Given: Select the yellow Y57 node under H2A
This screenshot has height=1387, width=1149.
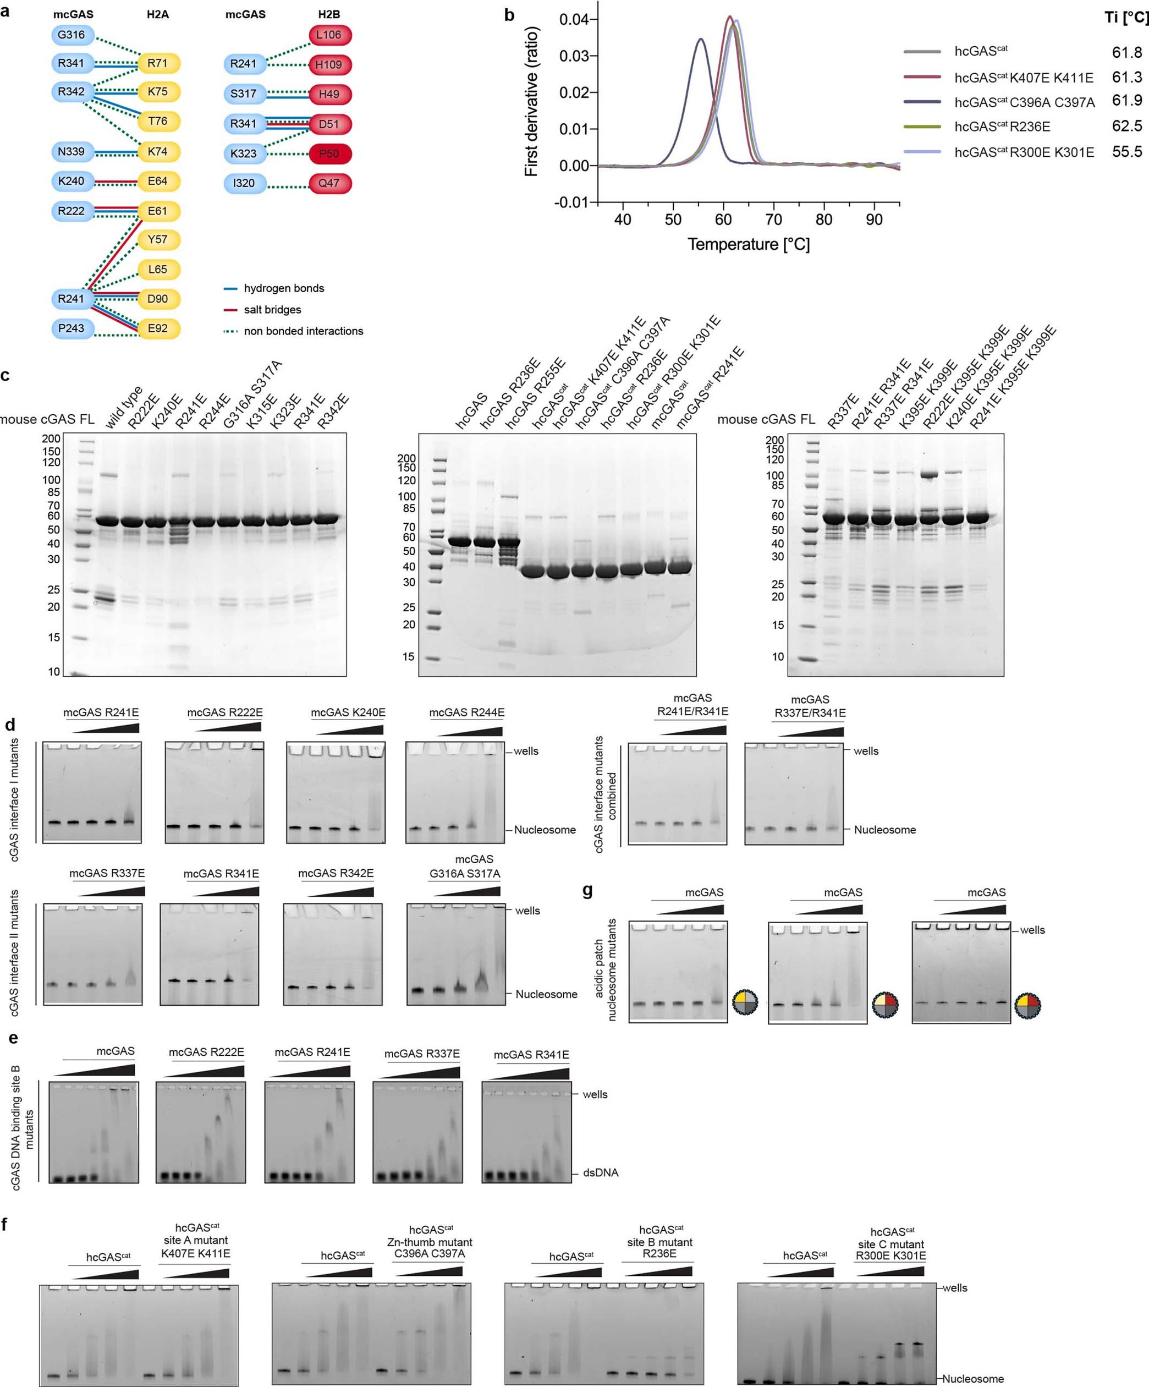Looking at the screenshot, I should pyautogui.click(x=158, y=239).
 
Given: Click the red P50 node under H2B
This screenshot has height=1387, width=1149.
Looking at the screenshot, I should pyautogui.click(x=329, y=154).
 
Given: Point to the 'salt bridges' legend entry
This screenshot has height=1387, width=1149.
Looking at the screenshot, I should pyautogui.click(x=272, y=310).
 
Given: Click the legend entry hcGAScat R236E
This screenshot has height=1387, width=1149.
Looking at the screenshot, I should pyautogui.click(x=1002, y=127).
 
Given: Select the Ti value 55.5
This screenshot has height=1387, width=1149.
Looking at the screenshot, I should pyautogui.click(x=1126, y=152).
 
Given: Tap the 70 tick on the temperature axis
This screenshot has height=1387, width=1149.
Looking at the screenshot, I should pyautogui.click(x=773, y=220).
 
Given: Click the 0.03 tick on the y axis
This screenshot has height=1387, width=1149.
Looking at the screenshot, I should pyautogui.click(x=574, y=56).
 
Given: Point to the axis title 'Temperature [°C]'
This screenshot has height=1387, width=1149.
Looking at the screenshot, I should pyautogui.click(x=748, y=244).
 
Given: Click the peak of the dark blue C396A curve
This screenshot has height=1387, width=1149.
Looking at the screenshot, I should pyautogui.click(x=701, y=39).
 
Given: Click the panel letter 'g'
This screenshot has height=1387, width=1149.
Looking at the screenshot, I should pyautogui.click(x=587, y=890).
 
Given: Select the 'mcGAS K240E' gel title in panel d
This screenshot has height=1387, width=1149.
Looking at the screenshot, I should pyautogui.click(x=348, y=712).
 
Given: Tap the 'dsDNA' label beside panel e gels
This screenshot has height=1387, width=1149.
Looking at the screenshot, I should pyautogui.click(x=600, y=1173).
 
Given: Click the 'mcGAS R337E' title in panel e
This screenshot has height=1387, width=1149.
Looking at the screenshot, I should pyautogui.click(x=422, y=1054).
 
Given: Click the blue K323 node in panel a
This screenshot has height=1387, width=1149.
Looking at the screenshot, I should pyautogui.click(x=244, y=154).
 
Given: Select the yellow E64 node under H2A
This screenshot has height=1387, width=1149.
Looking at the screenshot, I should pyautogui.click(x=158, y=181).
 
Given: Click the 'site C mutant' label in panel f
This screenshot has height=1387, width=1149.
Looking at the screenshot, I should pyautogui.click(x=891, y=1245).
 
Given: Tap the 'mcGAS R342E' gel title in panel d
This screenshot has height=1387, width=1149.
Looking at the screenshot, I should pyautogui.click(x=336, y=873).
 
